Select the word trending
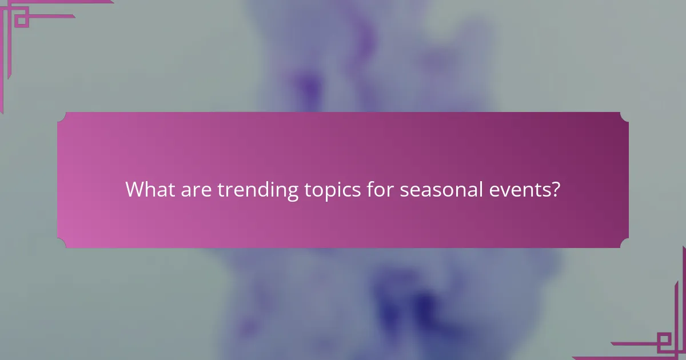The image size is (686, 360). tap(258, 190)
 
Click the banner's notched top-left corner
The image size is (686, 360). tap(61, 116)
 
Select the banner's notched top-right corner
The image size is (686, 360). tap(624, 116)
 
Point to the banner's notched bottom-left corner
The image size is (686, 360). tap(61, 244)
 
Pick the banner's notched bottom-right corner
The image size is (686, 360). tap(624, 244)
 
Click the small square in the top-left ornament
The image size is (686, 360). tap(21, 21)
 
